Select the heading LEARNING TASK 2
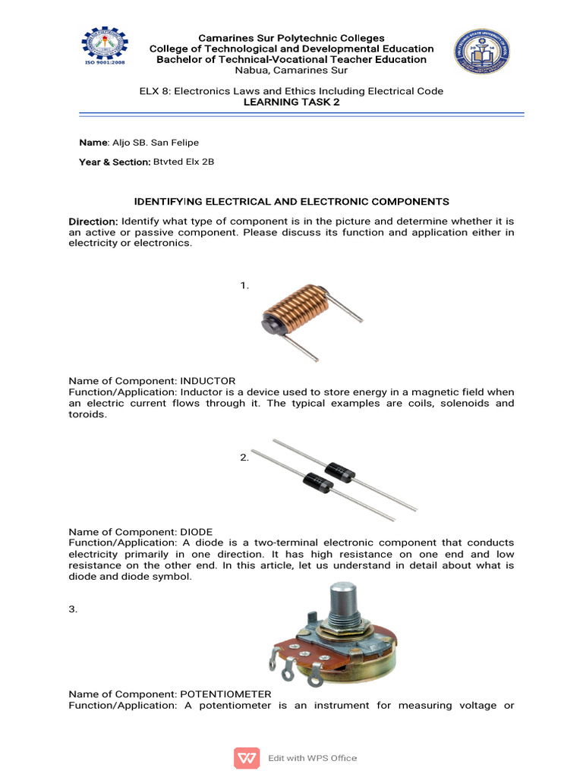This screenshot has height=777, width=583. [x=291, y=102]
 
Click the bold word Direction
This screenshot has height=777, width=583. [x=93, y=221]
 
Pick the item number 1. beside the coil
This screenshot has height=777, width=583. [x=244, y=285]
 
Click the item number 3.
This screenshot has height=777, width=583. [x=73, y=609]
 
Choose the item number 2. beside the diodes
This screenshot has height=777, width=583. [x=244, y=458]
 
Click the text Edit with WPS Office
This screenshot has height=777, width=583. [x=312, y=757]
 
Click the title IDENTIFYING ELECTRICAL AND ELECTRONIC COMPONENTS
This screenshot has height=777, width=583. [x=291, y=201]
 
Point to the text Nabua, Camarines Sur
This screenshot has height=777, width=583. [x=291, y=71]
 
